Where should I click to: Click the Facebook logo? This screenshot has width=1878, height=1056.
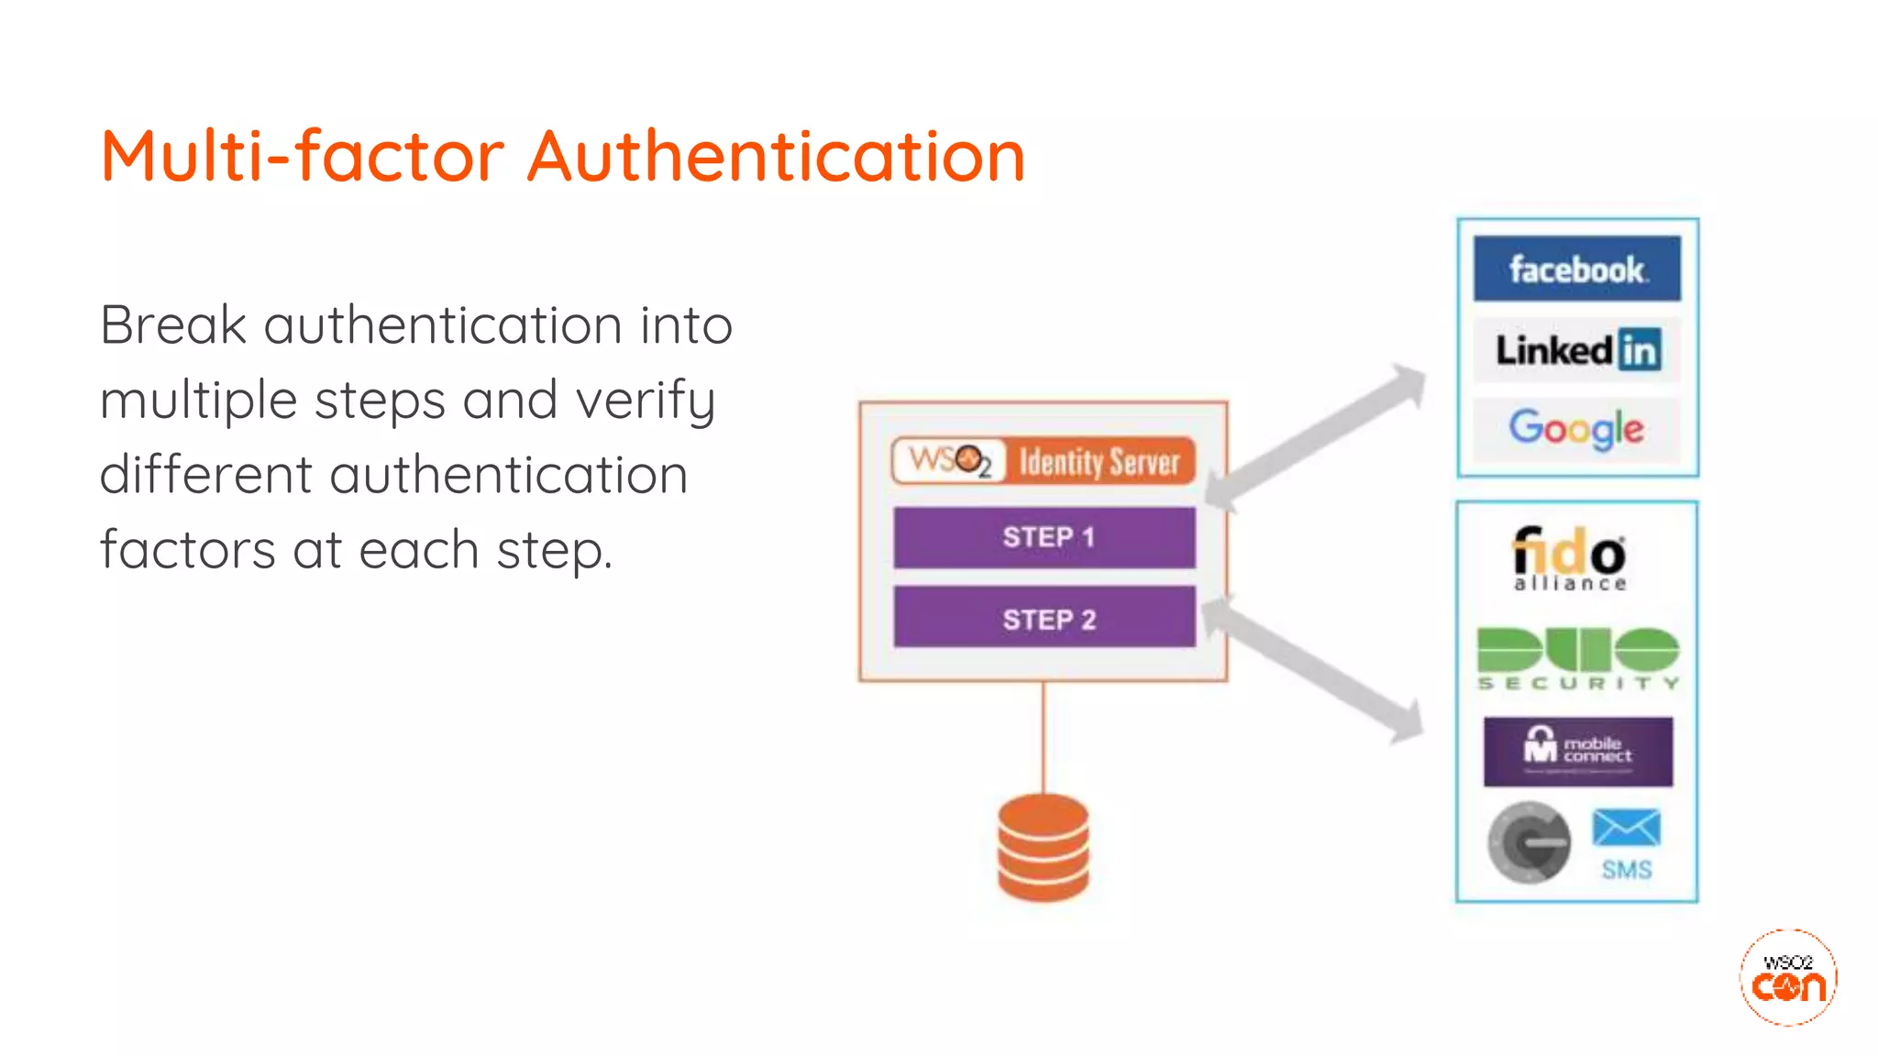click(1576, 269)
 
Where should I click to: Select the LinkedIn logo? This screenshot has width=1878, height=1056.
click(1577, 349)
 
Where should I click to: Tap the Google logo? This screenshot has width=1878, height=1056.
click(1576, 428)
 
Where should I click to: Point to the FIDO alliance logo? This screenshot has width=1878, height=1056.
click(1569, 557)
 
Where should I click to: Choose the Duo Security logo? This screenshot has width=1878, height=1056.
click(1577, 658)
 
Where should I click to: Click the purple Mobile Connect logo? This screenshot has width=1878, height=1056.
click(1577, 752)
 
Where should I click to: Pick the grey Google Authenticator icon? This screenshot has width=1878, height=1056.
click(1529, 841)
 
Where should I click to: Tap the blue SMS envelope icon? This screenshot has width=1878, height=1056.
click(1626, 829)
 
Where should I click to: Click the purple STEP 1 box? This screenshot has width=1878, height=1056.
click(1044, 537)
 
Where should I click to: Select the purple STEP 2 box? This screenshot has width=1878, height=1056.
click(1044, 619)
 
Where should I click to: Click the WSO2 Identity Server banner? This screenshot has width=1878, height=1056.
click(1044, 461)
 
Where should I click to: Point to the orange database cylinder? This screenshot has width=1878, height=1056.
click(1044, 847)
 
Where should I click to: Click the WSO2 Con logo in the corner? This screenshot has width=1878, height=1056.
click(1788, 977)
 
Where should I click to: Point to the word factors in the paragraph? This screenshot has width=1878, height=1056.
click(187, 549)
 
